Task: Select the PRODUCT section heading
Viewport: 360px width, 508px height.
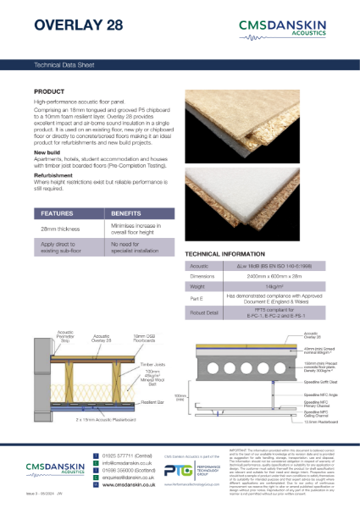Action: coord(50,91)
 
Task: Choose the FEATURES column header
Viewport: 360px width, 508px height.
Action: coord(58,214)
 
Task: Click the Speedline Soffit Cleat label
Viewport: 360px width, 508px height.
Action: coord(324,382)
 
